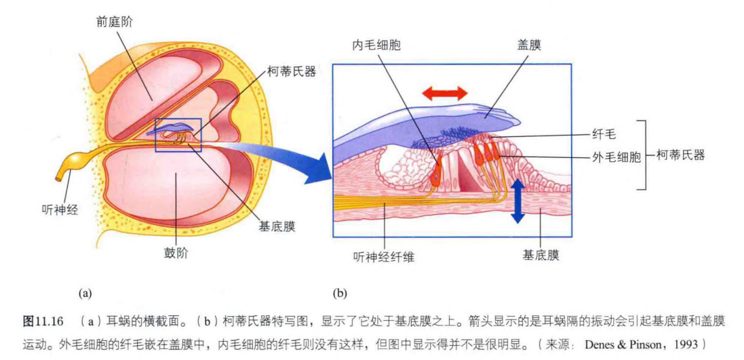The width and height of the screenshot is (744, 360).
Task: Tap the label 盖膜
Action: pos(528,45)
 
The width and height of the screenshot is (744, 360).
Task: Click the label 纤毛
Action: pos(606,135)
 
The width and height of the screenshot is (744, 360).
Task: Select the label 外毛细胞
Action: pos(619,157)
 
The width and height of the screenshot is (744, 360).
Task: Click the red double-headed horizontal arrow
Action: pos(445,93)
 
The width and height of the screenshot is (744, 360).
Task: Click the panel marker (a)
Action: pos(85,293)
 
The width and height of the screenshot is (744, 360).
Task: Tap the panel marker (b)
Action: pos(340,293)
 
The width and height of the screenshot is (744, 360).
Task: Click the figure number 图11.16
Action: pos(43,321)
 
